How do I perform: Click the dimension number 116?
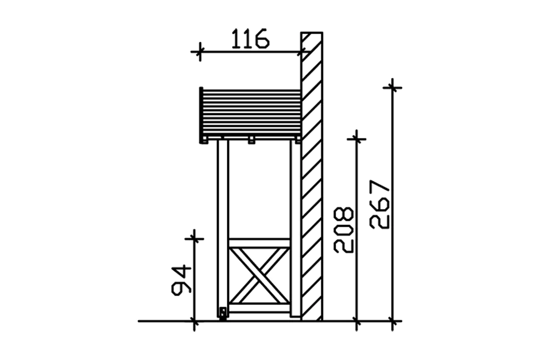[x=250, y=40]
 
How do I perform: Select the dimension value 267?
[x=379, y=205]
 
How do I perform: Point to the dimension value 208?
[x=344, y=229]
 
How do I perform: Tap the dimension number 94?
[x=182, y=280]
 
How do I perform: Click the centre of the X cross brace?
[x=259, y=275]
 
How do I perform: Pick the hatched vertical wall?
[x=311, y=180]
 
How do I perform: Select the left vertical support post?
[x=223, y=225]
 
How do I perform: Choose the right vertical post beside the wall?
[x=295, y=225]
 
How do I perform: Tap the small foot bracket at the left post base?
[x=223, y=313]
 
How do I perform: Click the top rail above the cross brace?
[x=259, y=243]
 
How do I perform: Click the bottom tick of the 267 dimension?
[x=392, y=321]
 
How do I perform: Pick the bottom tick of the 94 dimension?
[x=194, y=321]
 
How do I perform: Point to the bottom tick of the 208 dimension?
[x=356, y=321]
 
